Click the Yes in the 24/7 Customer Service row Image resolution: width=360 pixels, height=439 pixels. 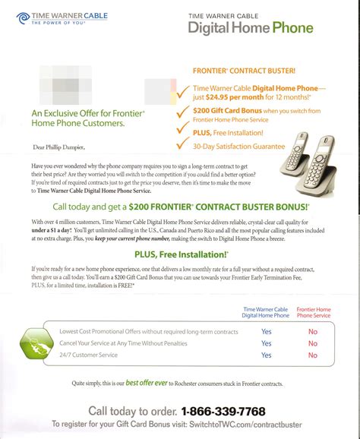[x=266, y=355]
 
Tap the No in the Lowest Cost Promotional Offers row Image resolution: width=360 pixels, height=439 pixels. [x=313, y=331]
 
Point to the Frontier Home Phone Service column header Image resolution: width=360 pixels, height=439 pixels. [x=313, y=312]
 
